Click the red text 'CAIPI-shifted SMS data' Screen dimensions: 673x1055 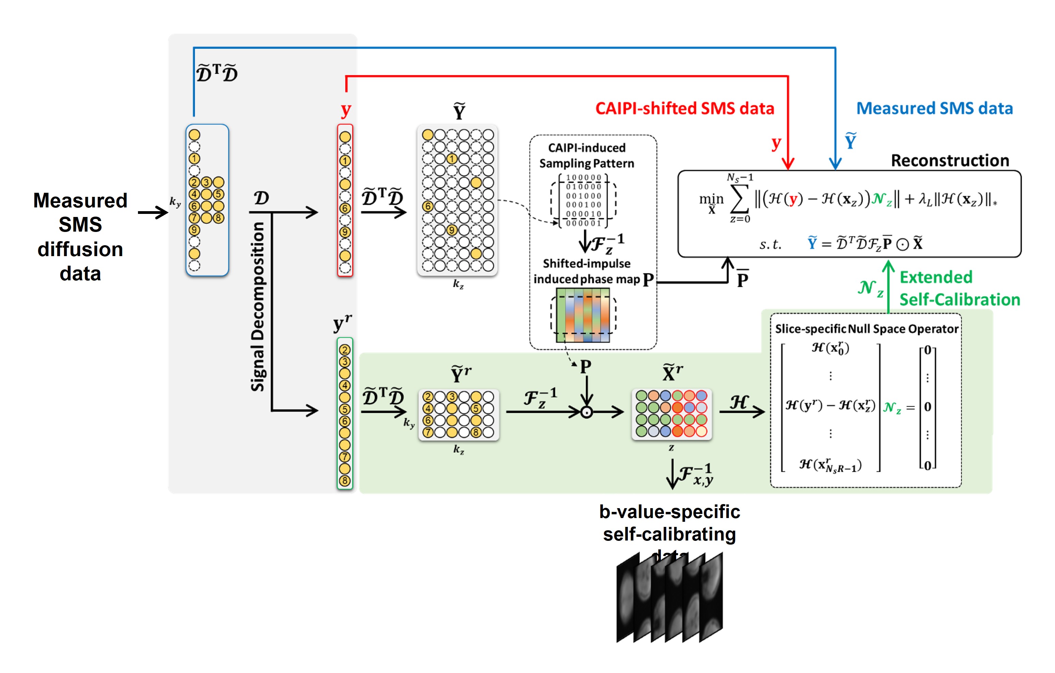coord(684,108)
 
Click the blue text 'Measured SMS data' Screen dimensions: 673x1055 coord(934,108)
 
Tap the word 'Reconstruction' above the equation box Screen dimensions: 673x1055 coord(950,160)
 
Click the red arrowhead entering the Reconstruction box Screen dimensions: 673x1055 coord(788,164)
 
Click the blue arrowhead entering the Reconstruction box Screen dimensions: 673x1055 coord(835,164)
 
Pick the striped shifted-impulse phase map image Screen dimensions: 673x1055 coord(583,315)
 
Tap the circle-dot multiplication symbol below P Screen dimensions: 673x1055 coord(586,412)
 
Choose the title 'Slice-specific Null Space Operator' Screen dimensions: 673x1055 coord(866,329)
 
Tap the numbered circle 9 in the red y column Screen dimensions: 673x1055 coord(345,232)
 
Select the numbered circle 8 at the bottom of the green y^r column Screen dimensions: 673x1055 coord(345,481)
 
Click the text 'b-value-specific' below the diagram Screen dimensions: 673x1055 coord(669,512)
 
